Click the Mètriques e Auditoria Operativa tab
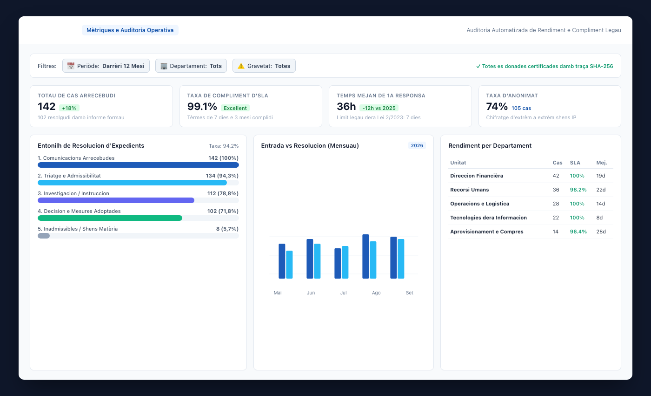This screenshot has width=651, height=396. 130,30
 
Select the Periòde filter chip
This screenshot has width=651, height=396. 106,66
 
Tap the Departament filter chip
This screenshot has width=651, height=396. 191,66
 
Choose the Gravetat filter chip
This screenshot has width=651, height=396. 264,66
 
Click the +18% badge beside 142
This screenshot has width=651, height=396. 69,108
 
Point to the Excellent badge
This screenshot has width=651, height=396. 235,108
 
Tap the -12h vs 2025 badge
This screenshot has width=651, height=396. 379,108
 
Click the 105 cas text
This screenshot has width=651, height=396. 521,108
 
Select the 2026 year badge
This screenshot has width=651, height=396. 417,145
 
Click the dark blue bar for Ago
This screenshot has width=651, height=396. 365,257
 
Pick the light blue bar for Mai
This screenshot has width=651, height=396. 289,265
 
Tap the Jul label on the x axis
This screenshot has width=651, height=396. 344,293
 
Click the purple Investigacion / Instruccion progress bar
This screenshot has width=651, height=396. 116,200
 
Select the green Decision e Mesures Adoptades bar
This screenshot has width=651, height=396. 110,218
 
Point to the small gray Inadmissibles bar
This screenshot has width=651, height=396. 44,236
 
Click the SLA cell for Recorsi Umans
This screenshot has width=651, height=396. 578,190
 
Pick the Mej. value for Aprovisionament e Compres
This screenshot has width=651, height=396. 601,232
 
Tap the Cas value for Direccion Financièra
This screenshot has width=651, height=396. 556,176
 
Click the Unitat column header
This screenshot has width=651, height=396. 458,163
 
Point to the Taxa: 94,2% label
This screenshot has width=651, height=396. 224,146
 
